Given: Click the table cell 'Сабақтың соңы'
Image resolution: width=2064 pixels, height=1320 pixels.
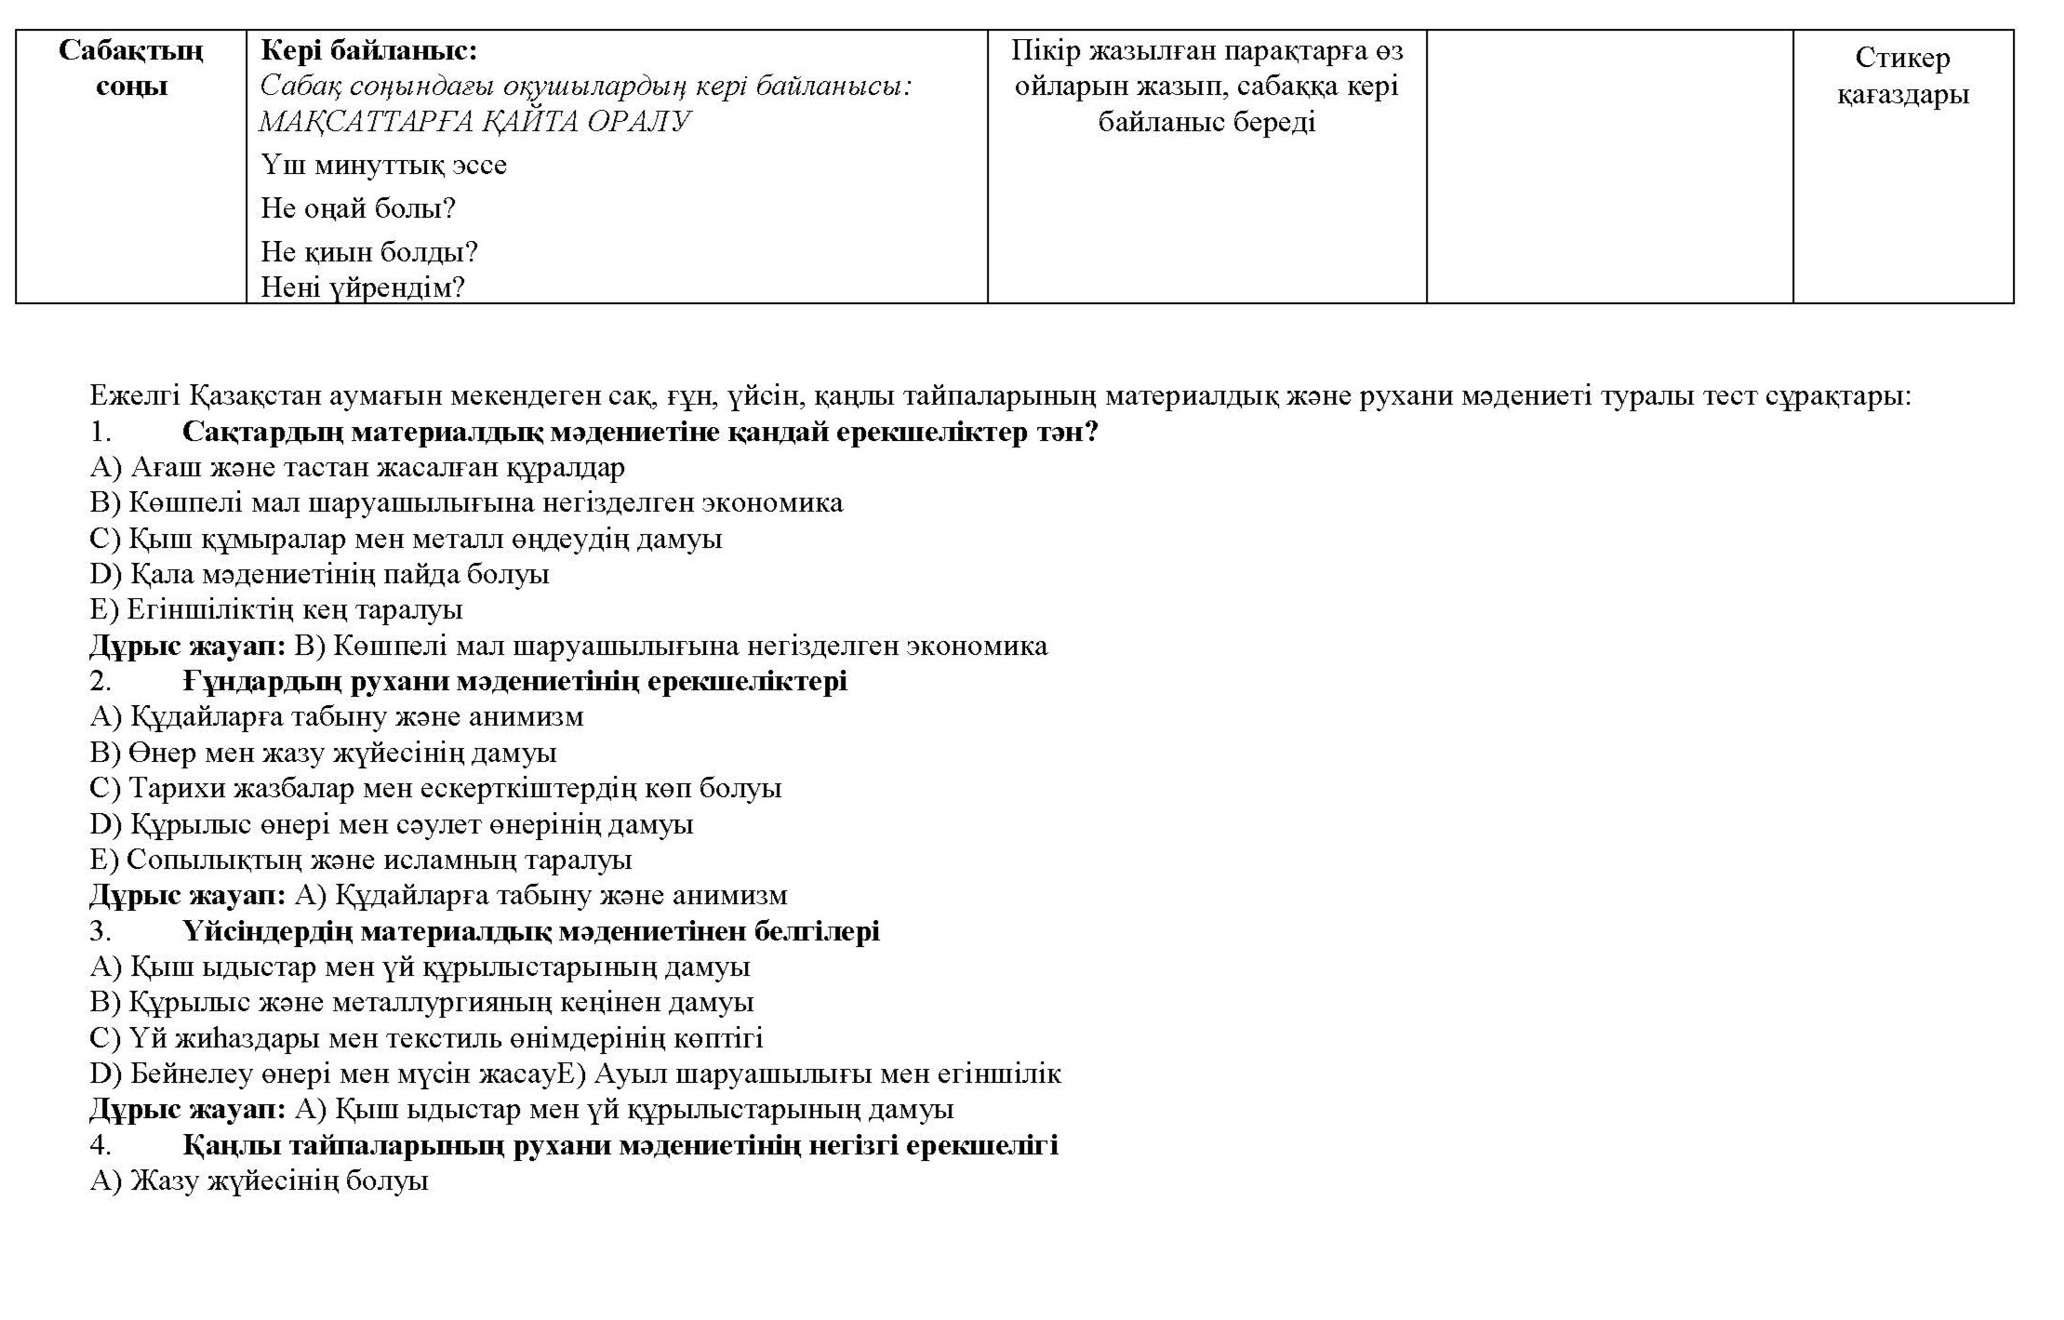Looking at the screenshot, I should tap(131, 68).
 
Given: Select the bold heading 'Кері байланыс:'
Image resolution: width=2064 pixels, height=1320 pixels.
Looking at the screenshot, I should tap(368, 50).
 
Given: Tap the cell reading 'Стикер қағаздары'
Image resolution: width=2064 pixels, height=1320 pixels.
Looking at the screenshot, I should tap(1902, 76).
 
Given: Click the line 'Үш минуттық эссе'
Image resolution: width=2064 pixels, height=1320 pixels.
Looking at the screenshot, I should tap(383, 166).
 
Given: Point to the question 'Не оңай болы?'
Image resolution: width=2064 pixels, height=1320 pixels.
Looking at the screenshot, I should tap(358, 208).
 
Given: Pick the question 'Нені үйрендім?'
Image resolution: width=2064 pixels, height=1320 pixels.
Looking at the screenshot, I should tap(362, 287).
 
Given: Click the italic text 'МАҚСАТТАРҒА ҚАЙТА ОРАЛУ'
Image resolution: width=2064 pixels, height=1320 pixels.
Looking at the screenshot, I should tap(474, 122).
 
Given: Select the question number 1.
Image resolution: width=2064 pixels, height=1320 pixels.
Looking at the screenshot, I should tap(100, 433).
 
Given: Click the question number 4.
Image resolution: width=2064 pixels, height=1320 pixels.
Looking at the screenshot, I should tap(100, 1145).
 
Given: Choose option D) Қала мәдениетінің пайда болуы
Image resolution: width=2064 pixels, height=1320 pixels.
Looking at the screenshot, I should tap(319, 574).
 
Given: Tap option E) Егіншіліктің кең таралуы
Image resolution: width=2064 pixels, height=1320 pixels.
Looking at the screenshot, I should tap(276, 610).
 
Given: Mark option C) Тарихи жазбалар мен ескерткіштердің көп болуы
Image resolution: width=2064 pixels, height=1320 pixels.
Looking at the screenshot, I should tap(435, 789).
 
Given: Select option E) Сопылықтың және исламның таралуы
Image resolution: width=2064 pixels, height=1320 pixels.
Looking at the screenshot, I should tap(361, 860).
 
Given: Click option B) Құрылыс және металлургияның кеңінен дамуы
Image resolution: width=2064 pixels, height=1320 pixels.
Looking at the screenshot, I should tap(421, 1003).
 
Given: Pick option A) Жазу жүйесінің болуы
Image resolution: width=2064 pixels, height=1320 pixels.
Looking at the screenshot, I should tap(259, 1181).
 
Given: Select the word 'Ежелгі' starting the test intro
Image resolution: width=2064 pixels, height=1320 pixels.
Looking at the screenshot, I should tap(135, 396).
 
